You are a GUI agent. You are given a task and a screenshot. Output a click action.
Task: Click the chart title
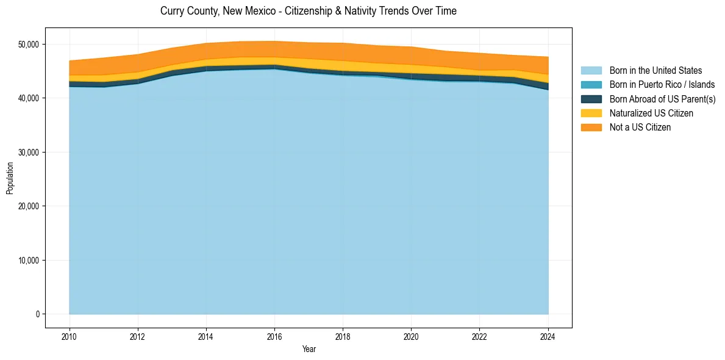(x=308, y=11)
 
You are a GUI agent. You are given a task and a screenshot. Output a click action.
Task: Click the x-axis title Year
(x=309, y=349)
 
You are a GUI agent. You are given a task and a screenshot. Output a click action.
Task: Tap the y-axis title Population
(x=10, y=178)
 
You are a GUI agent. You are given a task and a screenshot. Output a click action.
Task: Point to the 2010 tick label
(x=70, y=337)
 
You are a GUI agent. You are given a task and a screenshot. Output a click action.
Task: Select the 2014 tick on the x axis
(x=206, y=337)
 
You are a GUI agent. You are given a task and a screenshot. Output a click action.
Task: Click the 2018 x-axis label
(x=343, y=337)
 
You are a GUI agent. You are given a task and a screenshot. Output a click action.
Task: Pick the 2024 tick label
(x=548, y=337)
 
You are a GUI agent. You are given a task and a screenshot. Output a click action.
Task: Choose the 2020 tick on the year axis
(x=412, y=337)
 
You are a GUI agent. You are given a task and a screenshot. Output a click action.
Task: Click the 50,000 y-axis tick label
(x=28, y=44)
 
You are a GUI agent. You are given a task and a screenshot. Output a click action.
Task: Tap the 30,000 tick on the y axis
(x=28, y=152)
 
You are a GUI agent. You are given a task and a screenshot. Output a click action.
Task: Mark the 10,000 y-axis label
(x=28, y=260)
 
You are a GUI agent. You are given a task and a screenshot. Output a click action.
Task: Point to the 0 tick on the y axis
(x=37, y=314)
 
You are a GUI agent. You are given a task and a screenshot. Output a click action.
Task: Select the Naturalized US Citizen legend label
(x=651, y=113)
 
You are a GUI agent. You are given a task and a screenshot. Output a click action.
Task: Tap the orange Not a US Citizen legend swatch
(x=591, y=127)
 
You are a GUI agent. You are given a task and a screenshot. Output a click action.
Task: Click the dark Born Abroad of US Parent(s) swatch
(x=591, y=99)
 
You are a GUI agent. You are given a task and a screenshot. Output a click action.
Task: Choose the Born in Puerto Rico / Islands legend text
(x=662, y=85)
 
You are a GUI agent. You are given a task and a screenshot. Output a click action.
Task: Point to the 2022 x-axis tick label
(x=480, y=337)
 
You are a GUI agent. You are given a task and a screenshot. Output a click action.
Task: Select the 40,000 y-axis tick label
(x=28, y=98)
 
